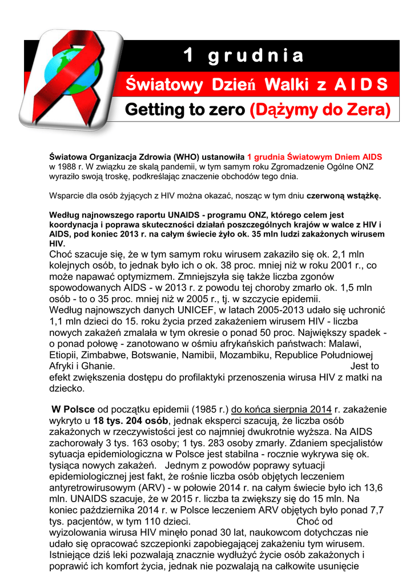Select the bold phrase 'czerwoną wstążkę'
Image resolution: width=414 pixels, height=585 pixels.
(x=344, y=196)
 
